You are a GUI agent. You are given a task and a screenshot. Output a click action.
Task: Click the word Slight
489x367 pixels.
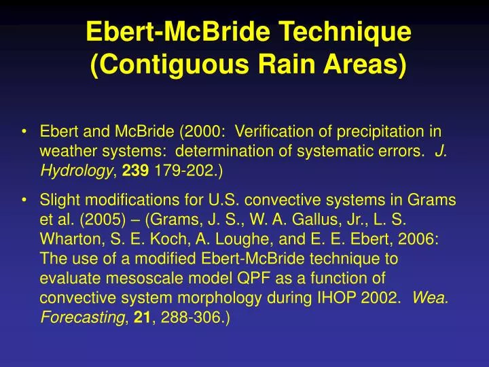click(58, 200)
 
